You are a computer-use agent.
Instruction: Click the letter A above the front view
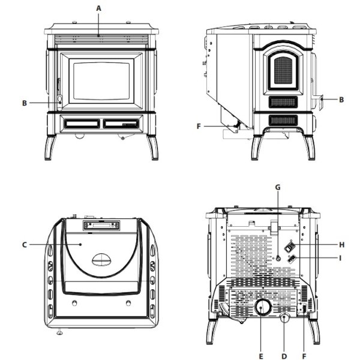coord(98,8)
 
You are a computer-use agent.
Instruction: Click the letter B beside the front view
coord(25,103)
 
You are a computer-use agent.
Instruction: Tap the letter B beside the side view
coord(341,100)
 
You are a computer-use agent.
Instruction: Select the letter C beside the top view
coord(25,245)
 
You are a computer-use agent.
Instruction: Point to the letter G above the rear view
coord(278,188)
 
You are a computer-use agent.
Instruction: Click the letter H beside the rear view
coord(342,245)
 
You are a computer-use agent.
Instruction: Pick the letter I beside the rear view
coord(340,259)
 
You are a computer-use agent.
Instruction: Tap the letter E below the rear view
coord(261,356)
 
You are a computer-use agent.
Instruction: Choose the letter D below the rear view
coord(284,356)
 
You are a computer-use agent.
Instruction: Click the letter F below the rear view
coord(304,356)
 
